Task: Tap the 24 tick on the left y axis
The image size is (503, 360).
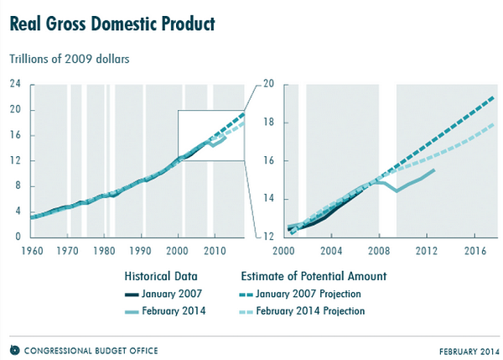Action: (15, 84)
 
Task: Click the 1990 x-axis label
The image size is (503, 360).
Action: (140, 250)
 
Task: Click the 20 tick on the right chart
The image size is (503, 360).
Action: (268, 84)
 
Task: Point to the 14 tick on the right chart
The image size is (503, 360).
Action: (268, 199)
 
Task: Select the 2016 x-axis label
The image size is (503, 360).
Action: (476, 250)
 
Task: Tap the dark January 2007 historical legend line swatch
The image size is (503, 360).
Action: (139, 295)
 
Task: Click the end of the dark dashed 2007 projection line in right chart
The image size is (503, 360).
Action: (492, 97)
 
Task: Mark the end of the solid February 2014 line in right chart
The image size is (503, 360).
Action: (434, 170)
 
